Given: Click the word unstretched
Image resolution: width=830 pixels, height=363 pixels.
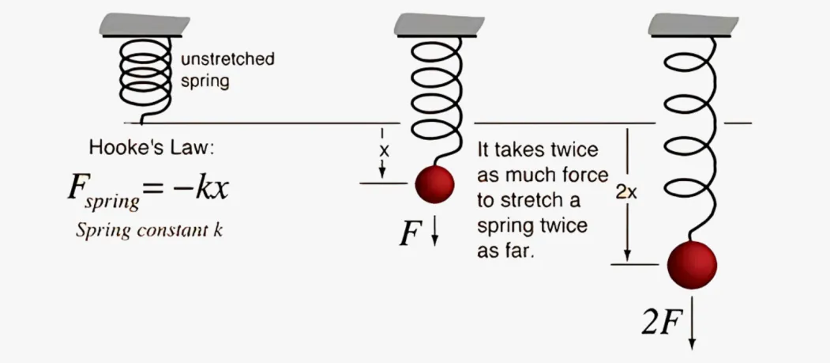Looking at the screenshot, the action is point(227,59).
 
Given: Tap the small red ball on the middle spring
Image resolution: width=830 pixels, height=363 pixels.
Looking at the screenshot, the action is point(434,184).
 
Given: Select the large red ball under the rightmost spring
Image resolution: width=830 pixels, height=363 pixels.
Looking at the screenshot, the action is point(692,265).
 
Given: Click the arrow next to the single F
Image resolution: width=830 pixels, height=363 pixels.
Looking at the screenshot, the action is point(435,232).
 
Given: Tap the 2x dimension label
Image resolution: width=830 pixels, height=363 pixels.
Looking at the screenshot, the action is point(626,193).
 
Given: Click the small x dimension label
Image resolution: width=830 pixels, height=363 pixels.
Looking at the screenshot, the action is point(384,150).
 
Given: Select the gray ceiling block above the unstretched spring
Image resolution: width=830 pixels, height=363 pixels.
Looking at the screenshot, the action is point(145,25).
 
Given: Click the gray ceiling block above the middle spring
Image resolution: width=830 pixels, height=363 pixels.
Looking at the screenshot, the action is point(439,25).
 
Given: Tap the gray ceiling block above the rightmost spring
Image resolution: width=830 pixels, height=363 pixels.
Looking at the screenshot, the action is point(693,25).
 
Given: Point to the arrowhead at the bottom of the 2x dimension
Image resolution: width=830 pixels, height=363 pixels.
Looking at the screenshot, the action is point(627,256).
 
